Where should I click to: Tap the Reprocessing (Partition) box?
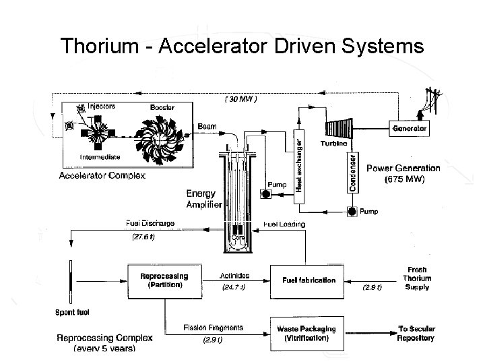[x=164, y=280]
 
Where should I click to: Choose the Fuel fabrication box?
[x=304, y=280]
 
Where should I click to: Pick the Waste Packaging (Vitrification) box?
[x=307, y=333]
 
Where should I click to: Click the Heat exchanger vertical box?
[x=298, y=161]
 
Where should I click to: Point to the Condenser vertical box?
[x=352, y=171]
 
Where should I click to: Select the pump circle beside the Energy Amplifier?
[x=266, y=195]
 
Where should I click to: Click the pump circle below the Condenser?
[x=352, y=212]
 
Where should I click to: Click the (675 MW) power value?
[x=403, y=180]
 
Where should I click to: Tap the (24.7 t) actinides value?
[x=235, y=287]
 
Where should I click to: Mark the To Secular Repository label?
[x=415, y=333]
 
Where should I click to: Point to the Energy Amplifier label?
[x=203, y=199]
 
